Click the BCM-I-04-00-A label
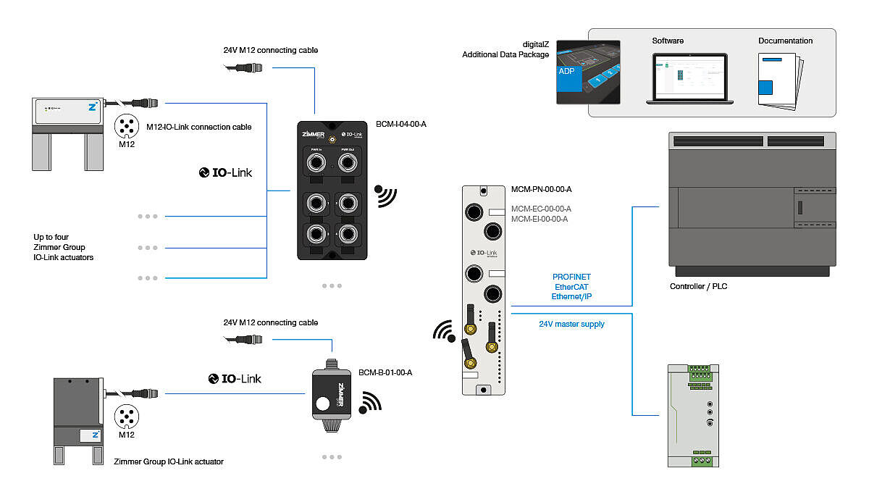click(x=402, y=124)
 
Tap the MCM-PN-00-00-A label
click(x=542, y=190)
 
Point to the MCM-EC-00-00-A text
click(x=541, y=209)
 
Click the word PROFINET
click(x=571, y=277)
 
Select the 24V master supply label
click(x=571, y=324)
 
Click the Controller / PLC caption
click(x=698, y=286)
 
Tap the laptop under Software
click(x=690, y=78)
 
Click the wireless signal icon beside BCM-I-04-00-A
click(x=386, y=196)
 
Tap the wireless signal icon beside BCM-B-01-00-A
click(x=371, y=402)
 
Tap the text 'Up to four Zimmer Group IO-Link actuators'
click(x=64, y=247)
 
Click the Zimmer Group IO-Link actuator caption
click(x=169, y=461)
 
